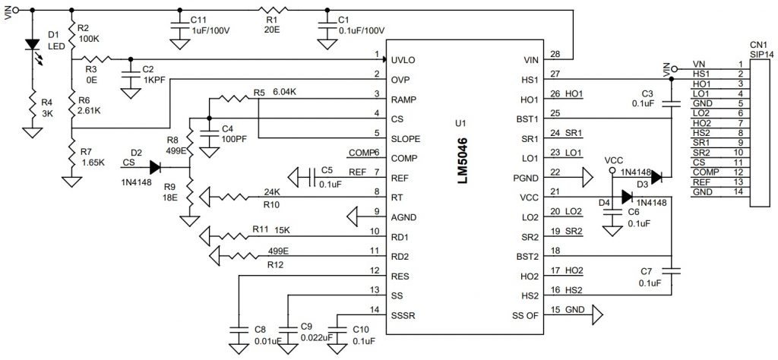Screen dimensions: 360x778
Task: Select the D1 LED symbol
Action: tap(32, 45)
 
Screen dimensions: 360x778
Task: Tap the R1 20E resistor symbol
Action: tap(271, 11)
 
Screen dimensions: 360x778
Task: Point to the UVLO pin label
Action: tap(403, 58)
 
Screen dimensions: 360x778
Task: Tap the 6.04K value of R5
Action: tap(286, 92)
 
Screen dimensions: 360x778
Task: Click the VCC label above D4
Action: tap(613, 162)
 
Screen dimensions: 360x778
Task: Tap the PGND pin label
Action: tap(529, 178)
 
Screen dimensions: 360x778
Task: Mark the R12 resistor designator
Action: tap(276, 264)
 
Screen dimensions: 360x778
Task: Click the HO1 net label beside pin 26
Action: tap(573, 94)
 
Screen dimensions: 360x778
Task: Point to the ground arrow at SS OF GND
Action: tap(596, 311)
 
